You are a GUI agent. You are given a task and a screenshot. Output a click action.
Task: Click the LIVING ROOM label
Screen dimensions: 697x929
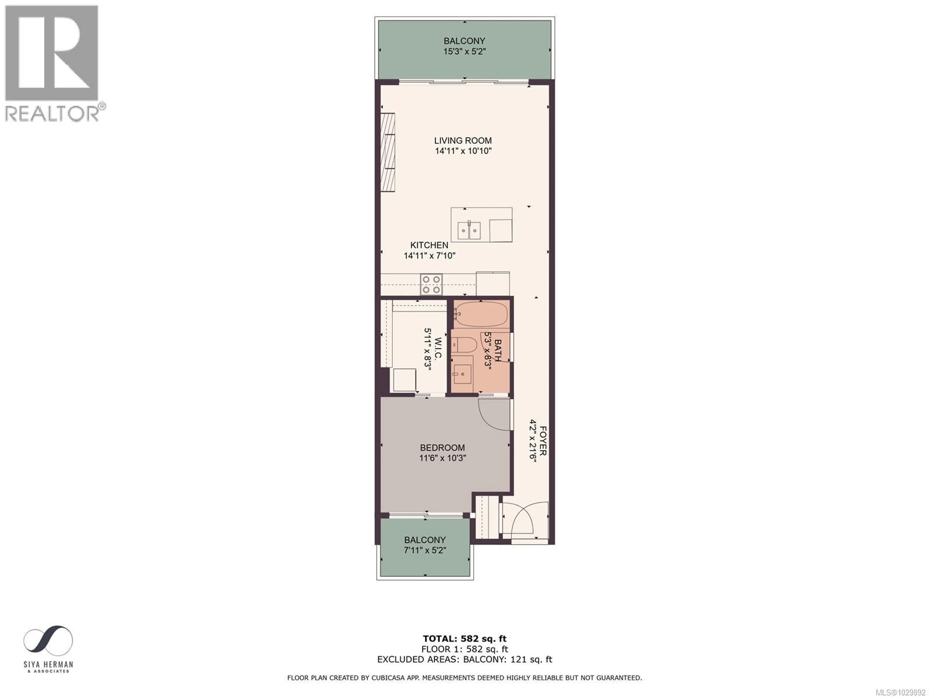tap(463, 141)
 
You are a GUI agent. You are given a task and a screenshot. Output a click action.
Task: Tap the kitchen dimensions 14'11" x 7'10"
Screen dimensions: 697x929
tap(429, 255)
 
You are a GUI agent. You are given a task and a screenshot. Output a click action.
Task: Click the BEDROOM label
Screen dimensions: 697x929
tap(442, 448)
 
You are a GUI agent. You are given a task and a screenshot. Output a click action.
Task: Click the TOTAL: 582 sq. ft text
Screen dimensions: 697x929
tap(464, 639)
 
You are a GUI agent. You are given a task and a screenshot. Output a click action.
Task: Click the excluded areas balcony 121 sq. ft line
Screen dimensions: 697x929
tap(464, 659)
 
